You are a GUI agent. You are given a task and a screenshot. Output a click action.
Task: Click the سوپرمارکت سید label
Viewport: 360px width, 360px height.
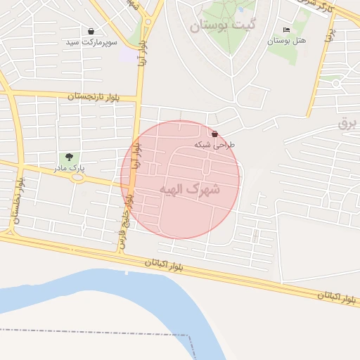(x=91, y=42)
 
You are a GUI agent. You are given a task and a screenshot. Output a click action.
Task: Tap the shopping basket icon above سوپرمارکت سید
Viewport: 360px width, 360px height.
(x=91, y=31)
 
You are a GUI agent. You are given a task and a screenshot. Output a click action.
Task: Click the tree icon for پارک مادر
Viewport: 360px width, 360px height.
(x=69, y=157)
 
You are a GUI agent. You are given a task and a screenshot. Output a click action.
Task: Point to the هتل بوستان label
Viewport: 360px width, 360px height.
(x=286, y=41)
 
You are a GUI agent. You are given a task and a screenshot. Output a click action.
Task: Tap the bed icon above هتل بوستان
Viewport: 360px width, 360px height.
(x=286, y=30)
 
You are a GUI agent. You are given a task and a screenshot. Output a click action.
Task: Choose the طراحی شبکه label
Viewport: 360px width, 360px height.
(x=214, y=144)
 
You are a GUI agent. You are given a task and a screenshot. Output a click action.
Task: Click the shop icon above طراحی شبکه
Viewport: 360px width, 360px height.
(x=214, y=134)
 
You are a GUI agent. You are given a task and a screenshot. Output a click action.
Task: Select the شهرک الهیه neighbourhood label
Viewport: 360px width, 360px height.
(x=189, y=189)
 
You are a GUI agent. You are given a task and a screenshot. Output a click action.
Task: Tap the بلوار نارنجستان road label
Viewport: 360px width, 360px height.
(x=101, y=96)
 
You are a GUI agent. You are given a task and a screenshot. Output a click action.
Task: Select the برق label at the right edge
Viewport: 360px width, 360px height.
(x=347, y=122)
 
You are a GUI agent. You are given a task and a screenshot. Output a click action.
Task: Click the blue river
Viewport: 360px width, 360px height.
(x=105, y=288)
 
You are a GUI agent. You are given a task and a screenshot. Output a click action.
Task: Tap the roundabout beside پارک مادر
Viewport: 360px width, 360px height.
(x=77, y=177)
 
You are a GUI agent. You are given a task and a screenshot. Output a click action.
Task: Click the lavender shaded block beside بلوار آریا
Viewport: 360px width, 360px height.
(x=129, y=54)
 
